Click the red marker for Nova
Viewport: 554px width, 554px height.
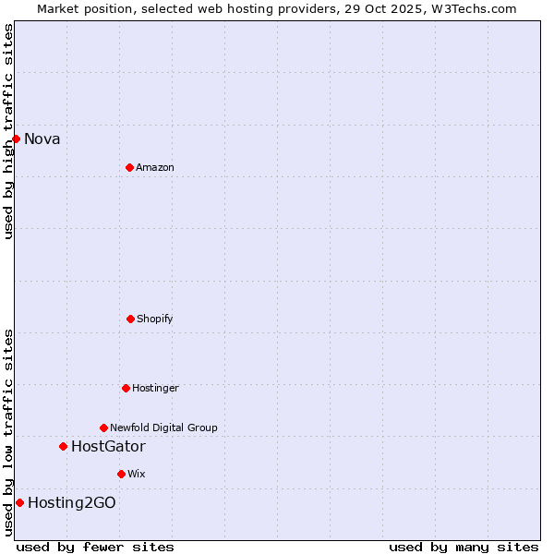click(16, 138)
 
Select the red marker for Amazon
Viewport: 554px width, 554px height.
click(129, 167)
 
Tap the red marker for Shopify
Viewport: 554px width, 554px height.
click(130, 319)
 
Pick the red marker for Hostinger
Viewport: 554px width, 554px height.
click(126, 388)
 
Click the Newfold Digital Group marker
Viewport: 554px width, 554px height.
click(103, 428)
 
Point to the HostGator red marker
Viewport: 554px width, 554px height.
click(63, 446)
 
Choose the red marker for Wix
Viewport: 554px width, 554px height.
click(121, 474)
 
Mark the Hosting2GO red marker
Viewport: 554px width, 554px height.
click(19, 502)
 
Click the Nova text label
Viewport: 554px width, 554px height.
click(42, 139)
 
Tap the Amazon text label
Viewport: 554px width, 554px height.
click(155, 168)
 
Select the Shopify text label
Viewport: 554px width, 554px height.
click(155, 319)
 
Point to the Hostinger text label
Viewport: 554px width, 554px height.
click(155, 389)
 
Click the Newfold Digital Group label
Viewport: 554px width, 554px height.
click(163, 428)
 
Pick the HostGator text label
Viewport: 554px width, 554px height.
click(108, 447)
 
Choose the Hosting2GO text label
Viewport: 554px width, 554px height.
click(72, 503)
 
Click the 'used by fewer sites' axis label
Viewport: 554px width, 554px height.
click(95, 547)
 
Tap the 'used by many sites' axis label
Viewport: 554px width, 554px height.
click(464, 547)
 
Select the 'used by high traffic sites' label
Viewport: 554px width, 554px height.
click(8, 131)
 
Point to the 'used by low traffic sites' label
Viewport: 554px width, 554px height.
click(8, 432)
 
